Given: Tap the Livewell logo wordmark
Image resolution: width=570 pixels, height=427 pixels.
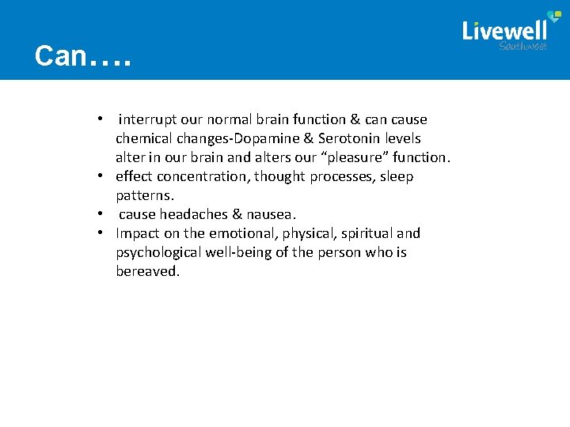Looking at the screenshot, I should point(504,31).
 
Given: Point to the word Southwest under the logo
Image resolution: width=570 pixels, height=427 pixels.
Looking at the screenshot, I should point(522,47).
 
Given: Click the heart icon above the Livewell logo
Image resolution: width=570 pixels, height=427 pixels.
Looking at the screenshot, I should point(541,15).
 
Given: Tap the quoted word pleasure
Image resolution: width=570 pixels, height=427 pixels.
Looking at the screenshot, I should point(351,157).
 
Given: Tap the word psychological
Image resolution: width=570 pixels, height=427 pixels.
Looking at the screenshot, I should point(159,252).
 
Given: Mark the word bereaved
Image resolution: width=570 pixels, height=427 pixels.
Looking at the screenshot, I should point(147,271).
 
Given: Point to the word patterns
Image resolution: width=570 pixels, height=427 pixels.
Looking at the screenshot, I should point(144,195).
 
